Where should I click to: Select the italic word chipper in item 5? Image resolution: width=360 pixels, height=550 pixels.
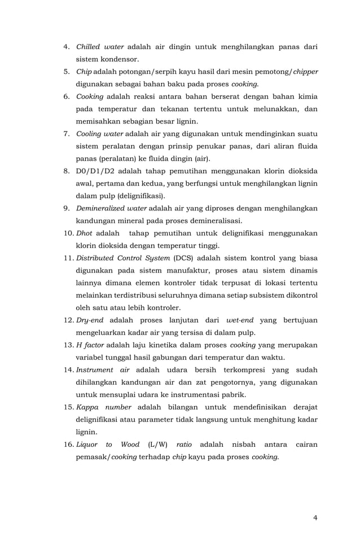pyautogui.click(x=305, y=72)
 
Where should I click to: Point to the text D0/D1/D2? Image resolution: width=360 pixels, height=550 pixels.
pyautogui.click(x=93, y=171)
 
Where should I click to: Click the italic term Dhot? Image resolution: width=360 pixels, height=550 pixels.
pyautogui.click(x=85, y=233)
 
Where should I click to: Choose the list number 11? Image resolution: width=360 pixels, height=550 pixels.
pyautogui.click(x=68, y=258)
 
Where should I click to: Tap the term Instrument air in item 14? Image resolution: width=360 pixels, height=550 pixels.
pyautogui.click(x=103, y=370)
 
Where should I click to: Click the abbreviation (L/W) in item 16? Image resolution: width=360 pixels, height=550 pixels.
pyautogui.click(x=159, y=445)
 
